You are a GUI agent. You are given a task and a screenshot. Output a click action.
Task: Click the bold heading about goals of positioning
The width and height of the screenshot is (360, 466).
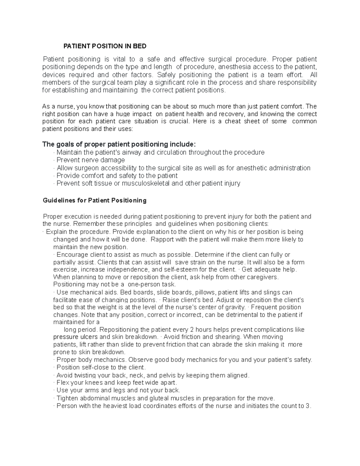point(119,144)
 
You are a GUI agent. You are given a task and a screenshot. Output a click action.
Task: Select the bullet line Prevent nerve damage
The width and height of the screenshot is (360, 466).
point(91,160)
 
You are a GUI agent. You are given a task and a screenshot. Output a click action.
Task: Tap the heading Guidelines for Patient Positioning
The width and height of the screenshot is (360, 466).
point(94,200)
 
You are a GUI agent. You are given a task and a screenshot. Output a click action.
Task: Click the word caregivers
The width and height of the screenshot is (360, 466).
point(263,277)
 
